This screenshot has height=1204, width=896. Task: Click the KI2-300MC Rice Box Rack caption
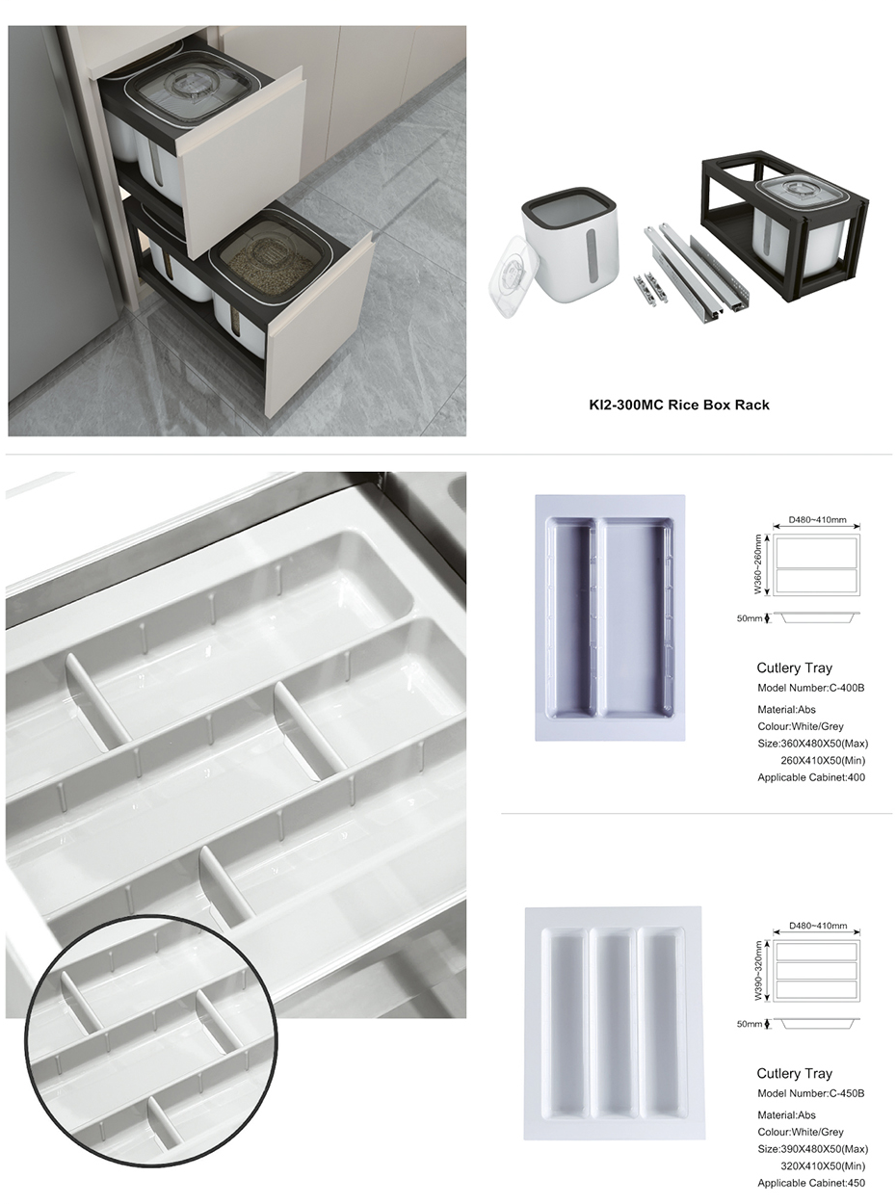click(x=679, y=406)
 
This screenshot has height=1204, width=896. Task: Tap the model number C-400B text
click(x=810, y=688)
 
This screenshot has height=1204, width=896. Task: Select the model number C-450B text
click(x=810, y=1093)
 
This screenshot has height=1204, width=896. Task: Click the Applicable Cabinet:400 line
click(x=811, y=777)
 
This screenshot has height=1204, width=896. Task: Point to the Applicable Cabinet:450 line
click(x=811, y=1183)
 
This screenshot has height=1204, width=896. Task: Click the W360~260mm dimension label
click(x=758, y=564)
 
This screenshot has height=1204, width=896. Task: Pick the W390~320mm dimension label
click(x=758, y=970)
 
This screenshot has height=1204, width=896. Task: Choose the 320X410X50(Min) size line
click(x=823, y=1166)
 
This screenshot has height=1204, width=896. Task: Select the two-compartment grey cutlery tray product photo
click(x=610, y=618)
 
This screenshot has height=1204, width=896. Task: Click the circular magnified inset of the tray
click(x=150, y=1040)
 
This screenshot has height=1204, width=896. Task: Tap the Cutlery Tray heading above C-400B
click(x=794, y=667)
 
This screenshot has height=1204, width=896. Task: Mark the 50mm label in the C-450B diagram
click(x=749, y=1024)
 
